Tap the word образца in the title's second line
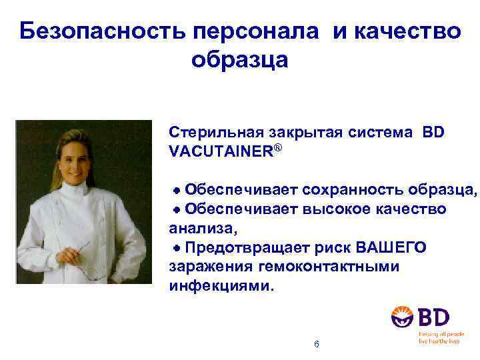(239, 60)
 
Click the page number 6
(316, 344)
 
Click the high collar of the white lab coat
(74, 194)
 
